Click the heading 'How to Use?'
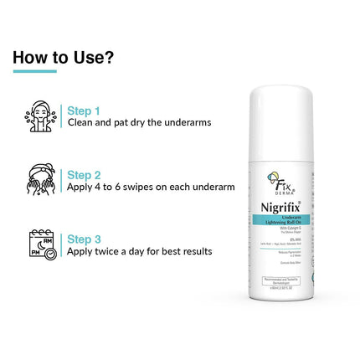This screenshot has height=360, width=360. tap(64, 58)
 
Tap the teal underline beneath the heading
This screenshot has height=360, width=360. tap(34, 71)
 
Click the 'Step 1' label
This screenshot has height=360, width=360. tap(84, 111)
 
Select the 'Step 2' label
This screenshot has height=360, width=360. tap(84, 175)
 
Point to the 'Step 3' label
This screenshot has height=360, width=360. tap(84, 239)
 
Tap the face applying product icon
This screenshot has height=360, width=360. tap(41, 180)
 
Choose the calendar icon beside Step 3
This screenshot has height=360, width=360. tap(42, 244)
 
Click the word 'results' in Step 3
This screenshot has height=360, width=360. tap(194, 251)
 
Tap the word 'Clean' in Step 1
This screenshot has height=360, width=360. tap(81, 122)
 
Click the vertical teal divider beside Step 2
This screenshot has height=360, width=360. tap(61, 180)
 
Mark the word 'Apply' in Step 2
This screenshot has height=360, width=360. tap(80, 187)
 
